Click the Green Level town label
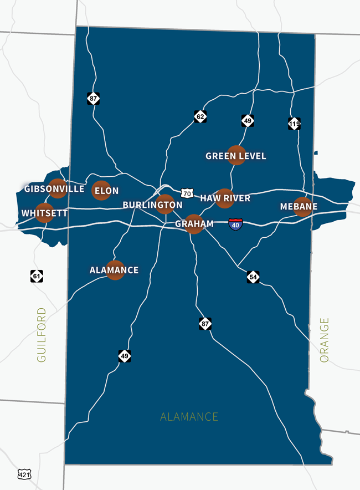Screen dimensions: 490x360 [x=236, y=156]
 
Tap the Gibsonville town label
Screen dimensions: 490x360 [x=54, y=189]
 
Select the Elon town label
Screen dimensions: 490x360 [x=107, y=191]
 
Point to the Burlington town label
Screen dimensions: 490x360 [x=152, y=205]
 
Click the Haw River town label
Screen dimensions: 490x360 [x=225, y=198]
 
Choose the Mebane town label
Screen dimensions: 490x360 [x=299, y=207]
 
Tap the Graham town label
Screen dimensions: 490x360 [x=194, y=224]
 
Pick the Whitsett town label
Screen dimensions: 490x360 [x=44, y=213]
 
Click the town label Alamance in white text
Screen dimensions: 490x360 [x=114, y=270]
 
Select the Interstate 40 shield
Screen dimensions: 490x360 [x=235, y=224]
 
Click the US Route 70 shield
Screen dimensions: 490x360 [x=187, y=193]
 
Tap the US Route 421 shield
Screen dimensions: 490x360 [x=24, y=474]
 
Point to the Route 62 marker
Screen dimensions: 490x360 [x=200, y=116]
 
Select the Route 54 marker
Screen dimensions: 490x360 [x=253, y=277]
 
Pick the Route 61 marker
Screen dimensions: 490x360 [x=37, y=275]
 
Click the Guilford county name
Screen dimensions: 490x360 [x=42, y=335]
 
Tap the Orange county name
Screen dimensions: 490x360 [x=325, y=340]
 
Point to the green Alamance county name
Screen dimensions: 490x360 [x=189, y=417]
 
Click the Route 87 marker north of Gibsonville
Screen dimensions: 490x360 [x=93, y=98]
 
